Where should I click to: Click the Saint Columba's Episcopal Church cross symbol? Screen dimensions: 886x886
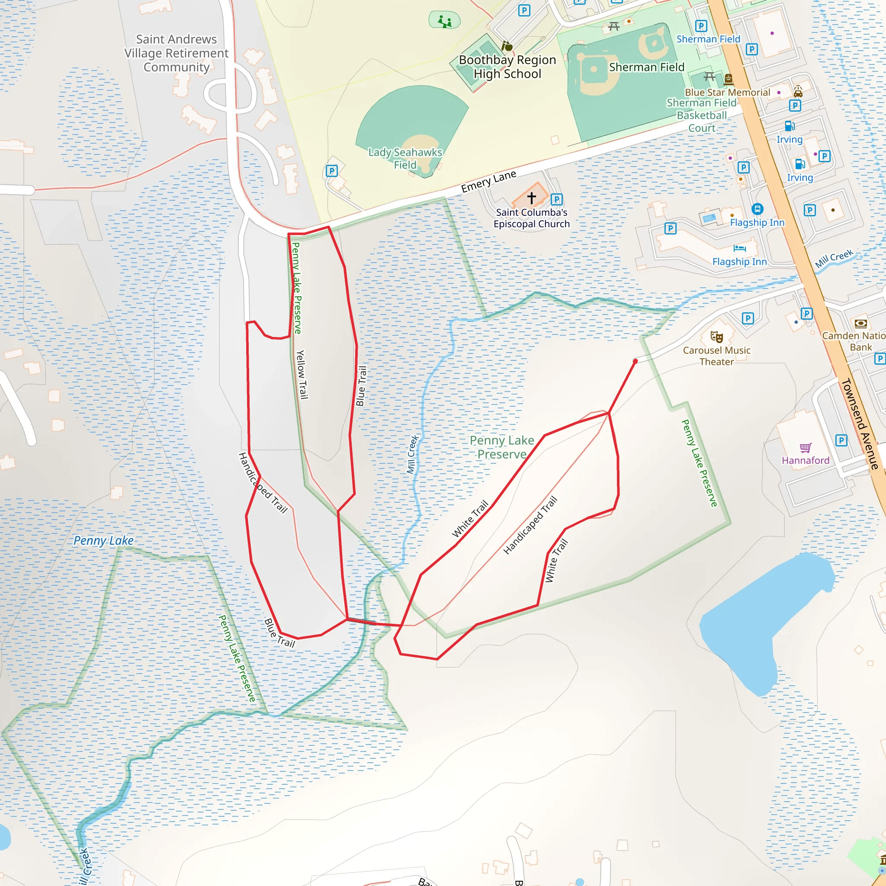click(532, 198)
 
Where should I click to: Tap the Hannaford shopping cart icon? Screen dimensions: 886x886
click(806, 448)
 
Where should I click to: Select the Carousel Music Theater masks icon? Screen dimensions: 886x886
click(716, 337)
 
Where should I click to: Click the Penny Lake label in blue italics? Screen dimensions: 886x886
click(104, 541)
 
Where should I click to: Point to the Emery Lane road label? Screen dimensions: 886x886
click(488, 182)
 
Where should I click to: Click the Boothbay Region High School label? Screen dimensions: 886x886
click(507, 67)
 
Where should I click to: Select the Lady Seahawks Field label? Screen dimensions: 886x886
click(405, 159)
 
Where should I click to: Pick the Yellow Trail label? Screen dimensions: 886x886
click(301, 375)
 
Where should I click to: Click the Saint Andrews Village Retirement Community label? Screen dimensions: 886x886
click(177, 53)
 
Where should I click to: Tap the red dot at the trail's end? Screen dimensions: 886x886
click(635, 361)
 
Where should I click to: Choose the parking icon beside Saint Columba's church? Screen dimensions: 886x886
click(556, 199)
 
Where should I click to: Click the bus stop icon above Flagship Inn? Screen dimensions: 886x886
click(758, 209)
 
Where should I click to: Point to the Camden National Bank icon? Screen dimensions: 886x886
click(861, 324)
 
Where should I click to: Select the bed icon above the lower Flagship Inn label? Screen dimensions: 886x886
click(739, 249)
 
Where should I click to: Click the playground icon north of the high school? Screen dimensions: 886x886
click(444, 21)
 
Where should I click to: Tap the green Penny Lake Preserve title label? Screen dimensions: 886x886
click(502, 447)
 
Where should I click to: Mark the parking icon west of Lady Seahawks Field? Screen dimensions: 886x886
click(331, 171)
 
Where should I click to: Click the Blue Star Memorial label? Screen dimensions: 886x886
click(727, 93)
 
